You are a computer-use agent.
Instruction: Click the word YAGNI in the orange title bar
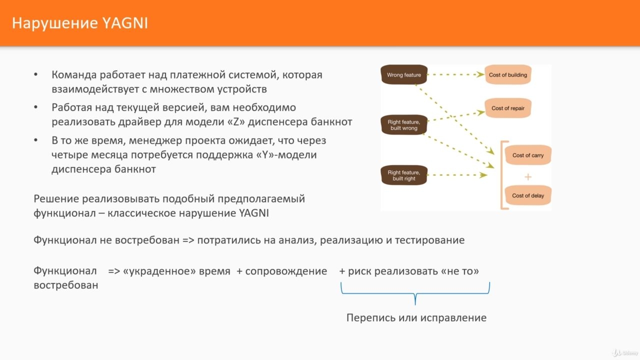point(125,23)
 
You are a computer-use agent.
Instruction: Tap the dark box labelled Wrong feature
point(403,74)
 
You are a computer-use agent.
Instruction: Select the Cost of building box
point(507,74)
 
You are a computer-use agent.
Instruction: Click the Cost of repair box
point(507,108)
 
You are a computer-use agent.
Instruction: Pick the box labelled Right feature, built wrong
point(403,125)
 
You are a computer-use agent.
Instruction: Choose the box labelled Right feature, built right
point(403,175)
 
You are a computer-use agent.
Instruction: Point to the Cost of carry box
point(527,155)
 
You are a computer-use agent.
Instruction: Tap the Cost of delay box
point(527,195)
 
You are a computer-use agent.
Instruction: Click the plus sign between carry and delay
point(527,177)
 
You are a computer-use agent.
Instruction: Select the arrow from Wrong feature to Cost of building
point(456,74)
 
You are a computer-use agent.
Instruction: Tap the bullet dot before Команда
point(35,75)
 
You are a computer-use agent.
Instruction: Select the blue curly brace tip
point(415,304)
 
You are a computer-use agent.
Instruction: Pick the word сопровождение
point(286,271)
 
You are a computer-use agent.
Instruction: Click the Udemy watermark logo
point(625,353)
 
